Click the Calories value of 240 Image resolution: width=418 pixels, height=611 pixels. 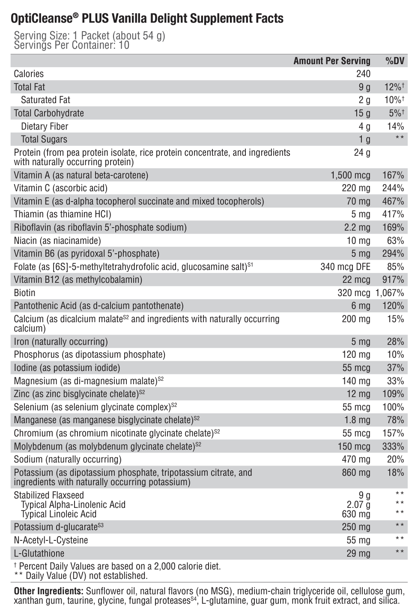363,74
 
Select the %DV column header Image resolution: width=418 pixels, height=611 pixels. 394,61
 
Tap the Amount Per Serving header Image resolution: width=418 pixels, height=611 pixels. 331,61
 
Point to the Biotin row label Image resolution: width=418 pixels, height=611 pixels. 24,293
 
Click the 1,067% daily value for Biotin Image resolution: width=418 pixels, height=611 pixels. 389,293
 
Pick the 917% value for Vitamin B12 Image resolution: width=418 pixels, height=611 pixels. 393,280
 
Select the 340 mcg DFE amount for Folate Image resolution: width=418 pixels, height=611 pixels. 345,267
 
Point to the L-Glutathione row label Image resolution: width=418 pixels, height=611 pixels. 39,553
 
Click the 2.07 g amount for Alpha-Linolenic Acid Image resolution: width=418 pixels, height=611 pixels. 358,505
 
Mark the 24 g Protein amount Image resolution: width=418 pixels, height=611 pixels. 362,153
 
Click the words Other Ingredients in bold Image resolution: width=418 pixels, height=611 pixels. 48,591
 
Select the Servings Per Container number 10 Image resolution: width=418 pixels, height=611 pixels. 124,45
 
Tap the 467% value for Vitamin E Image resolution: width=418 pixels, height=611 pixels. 393,202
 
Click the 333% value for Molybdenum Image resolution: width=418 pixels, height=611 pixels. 393,447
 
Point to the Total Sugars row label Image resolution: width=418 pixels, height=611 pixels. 44,139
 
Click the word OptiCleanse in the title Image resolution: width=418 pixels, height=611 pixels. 41,19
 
